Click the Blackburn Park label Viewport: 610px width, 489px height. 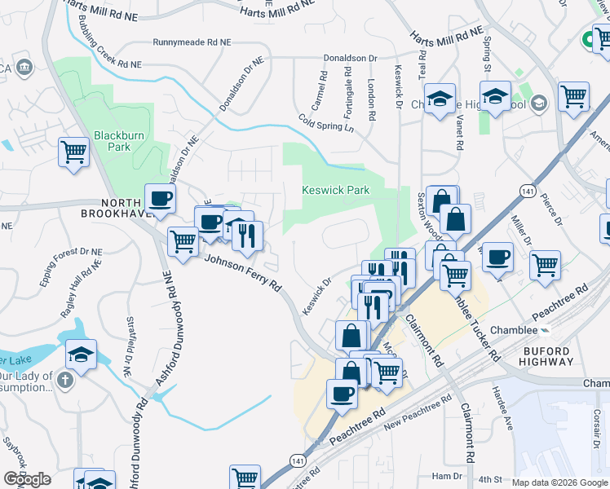(113, 141)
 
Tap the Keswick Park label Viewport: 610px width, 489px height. (336, 190)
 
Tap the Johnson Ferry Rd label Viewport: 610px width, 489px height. (242, 272)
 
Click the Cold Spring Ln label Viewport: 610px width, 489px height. (326, 123)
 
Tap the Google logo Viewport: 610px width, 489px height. (27, 479)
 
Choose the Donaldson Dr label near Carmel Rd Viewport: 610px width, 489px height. (351, 59)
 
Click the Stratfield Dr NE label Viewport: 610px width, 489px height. (128, 346)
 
